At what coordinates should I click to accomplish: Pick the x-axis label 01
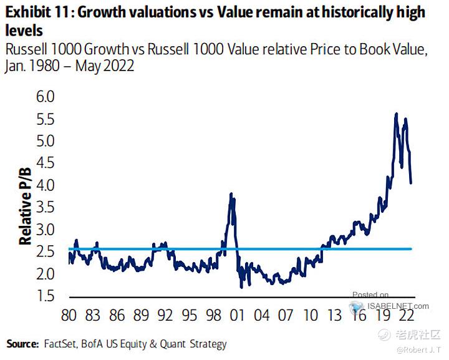click(236, 314)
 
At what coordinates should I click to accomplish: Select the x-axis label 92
click(165, 314)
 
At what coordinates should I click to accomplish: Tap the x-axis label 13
click(334, 314)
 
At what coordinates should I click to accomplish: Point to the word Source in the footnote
click(22, 344)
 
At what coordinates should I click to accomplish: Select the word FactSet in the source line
click(59, 344)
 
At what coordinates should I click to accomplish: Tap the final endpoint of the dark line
click(411, 182)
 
